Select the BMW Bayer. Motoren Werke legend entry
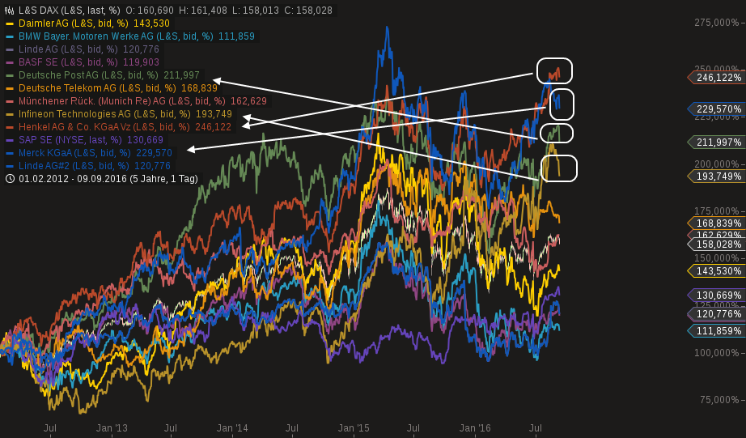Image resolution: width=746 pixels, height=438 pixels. click(x=129, y=36)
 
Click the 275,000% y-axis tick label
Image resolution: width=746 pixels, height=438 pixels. click(x=716, y=23)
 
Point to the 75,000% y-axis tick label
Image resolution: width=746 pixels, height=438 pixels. click(x=718, y=400)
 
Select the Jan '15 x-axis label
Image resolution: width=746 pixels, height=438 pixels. click(x=354, y=427)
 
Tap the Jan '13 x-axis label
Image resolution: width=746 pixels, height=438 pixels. click(x=112, y=427)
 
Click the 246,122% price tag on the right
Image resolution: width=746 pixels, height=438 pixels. click(x=718, y=78)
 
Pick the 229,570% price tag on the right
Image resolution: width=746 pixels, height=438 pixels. click(x=718, y=108)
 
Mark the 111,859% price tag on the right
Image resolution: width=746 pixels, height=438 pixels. click(x=718, y=330)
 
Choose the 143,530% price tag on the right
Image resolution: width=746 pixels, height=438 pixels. click(x=718, y=270)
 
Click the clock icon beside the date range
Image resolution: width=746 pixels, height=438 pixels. click(x=10, y=179)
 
